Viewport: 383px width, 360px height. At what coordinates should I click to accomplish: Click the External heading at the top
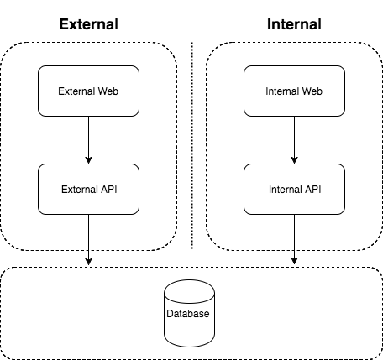[x=88, y=23]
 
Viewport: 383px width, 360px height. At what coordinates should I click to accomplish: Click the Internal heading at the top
[x=293, y=23]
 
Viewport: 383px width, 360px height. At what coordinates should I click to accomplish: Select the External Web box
[x=88, y=90]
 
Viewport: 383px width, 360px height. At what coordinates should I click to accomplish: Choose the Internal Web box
[x=293, y=90]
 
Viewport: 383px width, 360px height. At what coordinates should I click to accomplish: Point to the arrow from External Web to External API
[x=88, y=138]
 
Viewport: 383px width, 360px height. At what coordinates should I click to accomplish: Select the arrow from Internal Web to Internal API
[x=293, y=138]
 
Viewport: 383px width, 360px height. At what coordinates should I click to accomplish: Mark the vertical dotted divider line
[x=191, y=143]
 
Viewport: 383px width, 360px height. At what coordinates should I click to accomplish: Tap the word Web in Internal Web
[x=311, y=90]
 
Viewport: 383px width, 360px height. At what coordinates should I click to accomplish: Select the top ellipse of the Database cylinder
[x=191, y=289]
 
